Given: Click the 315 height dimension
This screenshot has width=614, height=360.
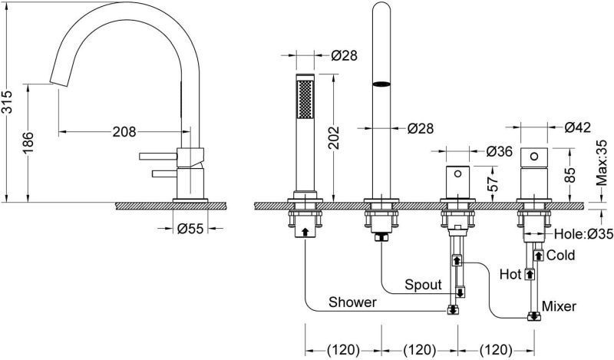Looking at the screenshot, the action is (7, 102).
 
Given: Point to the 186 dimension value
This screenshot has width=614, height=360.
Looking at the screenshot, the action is (28, 143).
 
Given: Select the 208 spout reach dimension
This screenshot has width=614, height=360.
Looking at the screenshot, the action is (124, 131).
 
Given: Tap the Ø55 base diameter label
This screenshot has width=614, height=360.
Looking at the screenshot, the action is (190, 229).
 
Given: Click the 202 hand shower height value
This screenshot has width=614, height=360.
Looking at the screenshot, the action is (334, 137).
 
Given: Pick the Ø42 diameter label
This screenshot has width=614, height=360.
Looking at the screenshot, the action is (577, 127).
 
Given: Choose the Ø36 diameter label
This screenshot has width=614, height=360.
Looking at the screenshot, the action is (500, 151).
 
